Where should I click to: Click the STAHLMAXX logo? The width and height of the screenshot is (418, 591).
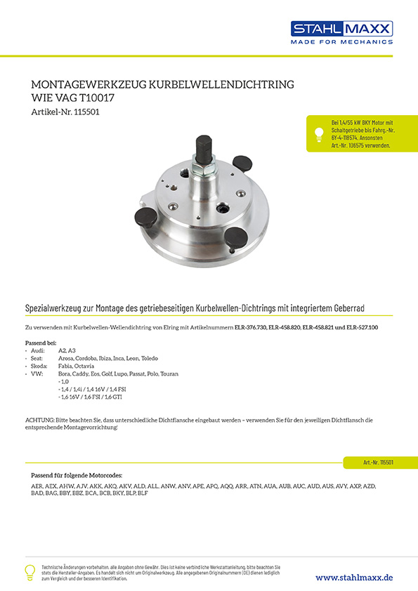pyautogui.click(x=342, y=32)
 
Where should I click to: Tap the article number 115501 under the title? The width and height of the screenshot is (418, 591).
pyautogui.click(x=87, y=112)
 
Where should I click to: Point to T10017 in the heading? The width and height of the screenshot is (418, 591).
pyautogui.click(x=97, y=98)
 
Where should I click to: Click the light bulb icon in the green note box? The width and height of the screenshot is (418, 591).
pyautogui.click(x=319, y=135)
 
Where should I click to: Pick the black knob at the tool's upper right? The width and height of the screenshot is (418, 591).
pyautogui.click(x=242, y=164)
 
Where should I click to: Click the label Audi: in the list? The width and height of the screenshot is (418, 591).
pyautogui.click(x=38, y=350)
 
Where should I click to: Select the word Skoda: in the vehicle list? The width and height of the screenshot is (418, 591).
pyautogui.click(x=39, y=366)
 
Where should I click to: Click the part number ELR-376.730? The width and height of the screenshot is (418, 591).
pyautogui.click(x=251, y=328)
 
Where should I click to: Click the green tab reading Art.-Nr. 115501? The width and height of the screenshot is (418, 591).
pyautogui.click(x=379, y=462)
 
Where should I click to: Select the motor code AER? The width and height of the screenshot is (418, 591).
pyautogui.click(x=37, y=486)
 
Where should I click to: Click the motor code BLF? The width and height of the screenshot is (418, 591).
pyautogui.click(x=143, y=493)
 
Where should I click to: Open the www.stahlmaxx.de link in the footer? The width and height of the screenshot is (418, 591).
pyautogui.click(x=354, y=578)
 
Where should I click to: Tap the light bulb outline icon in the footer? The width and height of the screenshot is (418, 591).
pyautogui.click(x=30, y=572)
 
